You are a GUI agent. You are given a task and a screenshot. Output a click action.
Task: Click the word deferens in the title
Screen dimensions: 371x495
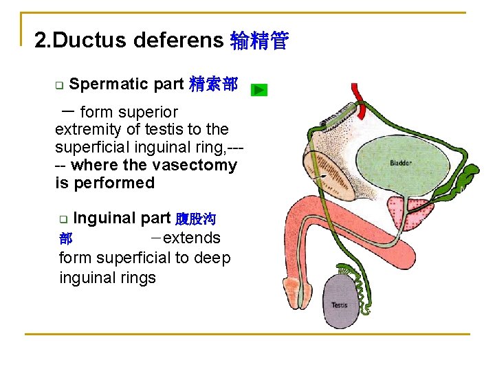178,41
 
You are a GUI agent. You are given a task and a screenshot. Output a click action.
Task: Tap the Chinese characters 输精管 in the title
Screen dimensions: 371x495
259,41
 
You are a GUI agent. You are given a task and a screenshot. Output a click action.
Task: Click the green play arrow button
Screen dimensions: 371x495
258,90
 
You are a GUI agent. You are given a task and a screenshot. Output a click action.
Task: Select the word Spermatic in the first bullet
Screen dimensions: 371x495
109,85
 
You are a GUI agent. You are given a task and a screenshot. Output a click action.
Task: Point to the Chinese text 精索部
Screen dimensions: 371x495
213,85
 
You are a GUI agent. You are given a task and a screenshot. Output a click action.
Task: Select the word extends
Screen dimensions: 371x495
192,238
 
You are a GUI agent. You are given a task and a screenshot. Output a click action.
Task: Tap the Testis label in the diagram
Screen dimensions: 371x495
340,304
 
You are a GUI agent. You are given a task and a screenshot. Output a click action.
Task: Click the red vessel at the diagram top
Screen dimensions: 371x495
357,92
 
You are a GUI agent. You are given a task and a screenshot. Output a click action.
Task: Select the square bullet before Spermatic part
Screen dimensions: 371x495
59,86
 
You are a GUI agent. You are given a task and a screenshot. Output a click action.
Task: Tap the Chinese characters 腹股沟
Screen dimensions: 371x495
196,219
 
